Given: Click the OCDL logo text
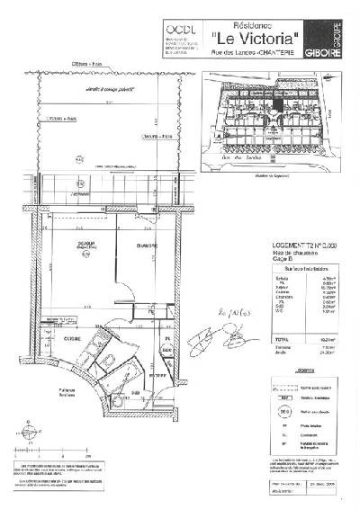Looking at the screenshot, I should coord(178,28).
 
